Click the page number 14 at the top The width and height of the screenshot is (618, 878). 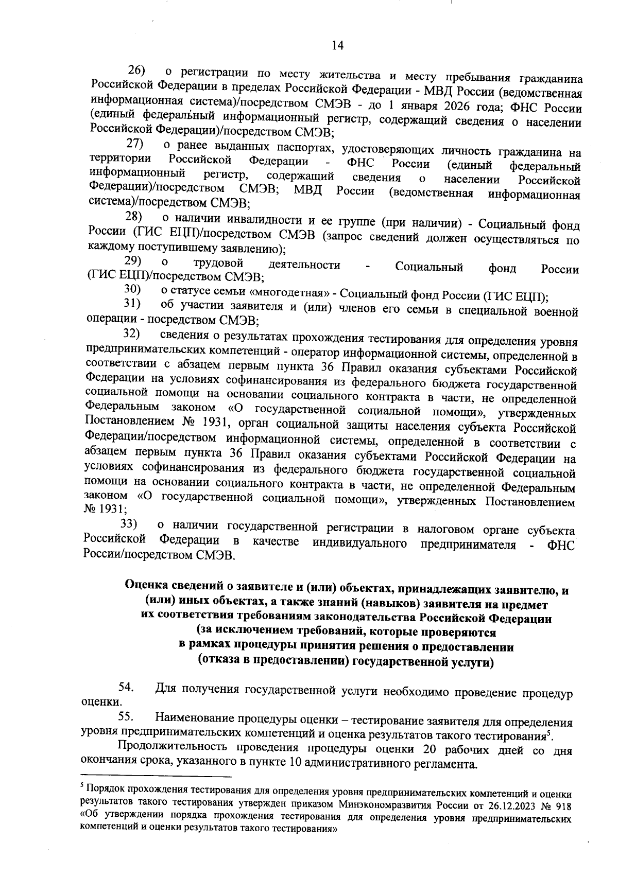point(337,45)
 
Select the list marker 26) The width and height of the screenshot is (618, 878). point(137,69)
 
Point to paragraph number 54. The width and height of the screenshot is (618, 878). point(127,687)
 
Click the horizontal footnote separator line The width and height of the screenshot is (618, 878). point(157,777)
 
